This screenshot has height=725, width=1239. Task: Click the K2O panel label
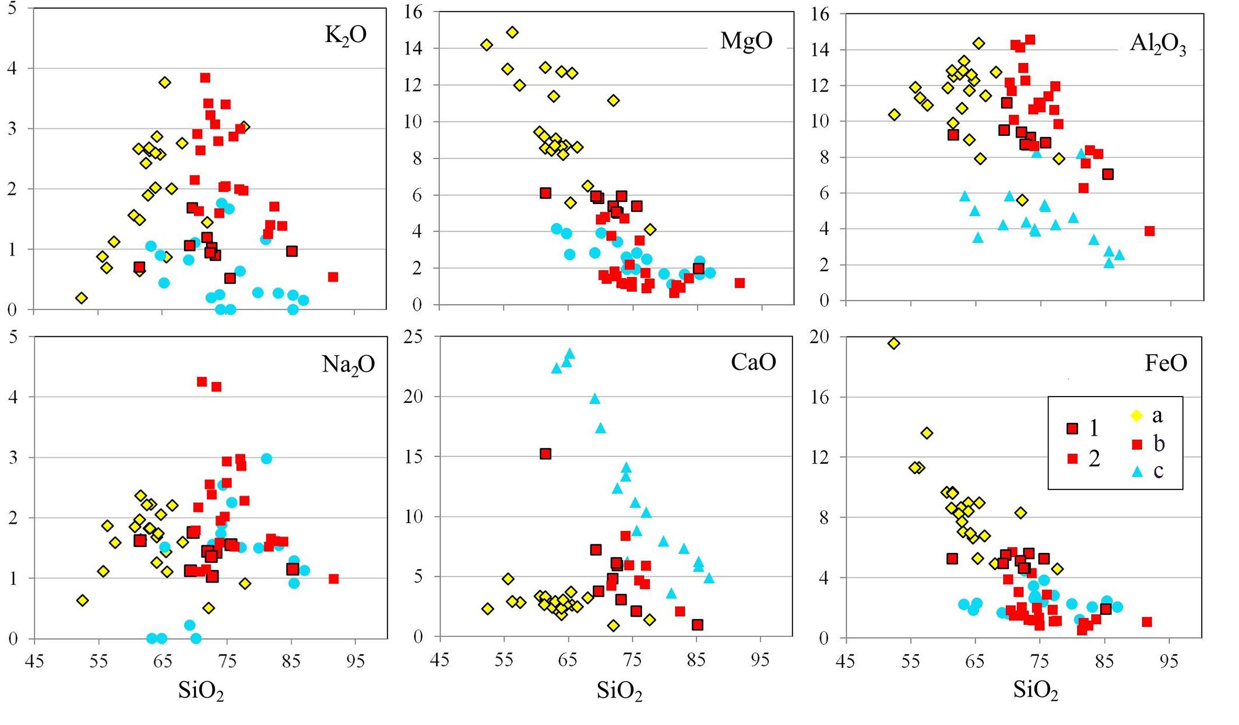pos(346,36)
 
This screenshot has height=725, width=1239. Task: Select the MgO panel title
pos(746,41)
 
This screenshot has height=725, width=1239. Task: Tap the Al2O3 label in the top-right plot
pos(1157,44)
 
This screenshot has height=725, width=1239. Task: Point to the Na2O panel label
pos(348,365)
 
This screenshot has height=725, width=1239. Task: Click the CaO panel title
pos(753,362)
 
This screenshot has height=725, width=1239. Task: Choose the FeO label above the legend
pos(1166,363)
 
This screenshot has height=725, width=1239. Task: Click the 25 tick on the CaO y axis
pos(414,338)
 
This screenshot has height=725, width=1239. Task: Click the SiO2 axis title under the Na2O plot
pos(201,691)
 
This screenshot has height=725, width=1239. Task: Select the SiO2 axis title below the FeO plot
pos(1036,690)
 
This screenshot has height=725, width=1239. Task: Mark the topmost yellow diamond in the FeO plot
pos(893,344)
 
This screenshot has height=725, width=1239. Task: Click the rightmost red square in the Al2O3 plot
pos(1149,231)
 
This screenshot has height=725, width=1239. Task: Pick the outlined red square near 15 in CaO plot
pos(545,454)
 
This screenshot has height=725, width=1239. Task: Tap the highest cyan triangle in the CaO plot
pos(570,353)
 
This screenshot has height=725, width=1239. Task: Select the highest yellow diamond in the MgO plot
pos(512,32)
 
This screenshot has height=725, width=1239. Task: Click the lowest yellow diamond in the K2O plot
pos(82,298)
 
